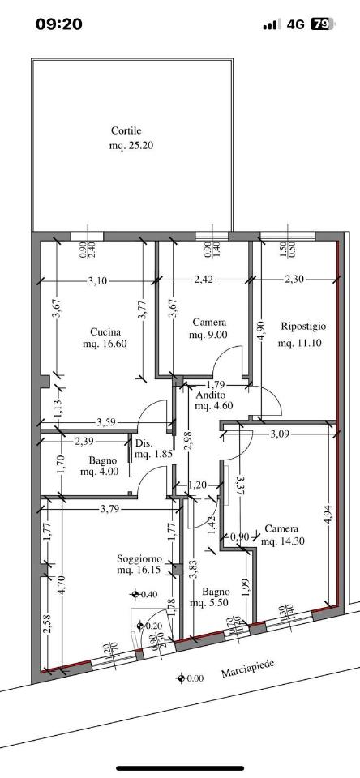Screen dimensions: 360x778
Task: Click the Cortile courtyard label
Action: point(126,131)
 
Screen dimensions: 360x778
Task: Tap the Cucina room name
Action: point(105,332)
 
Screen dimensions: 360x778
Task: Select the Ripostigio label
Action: point(303,327)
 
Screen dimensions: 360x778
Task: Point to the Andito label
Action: point(211,395)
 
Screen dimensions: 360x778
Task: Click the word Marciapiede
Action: point(248,668)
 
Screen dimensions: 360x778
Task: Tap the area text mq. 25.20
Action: point(131,147)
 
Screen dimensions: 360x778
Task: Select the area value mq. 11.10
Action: point(300,343)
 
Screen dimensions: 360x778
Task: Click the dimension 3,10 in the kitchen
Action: point(97,281)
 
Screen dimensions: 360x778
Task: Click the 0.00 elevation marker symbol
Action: point(182,678)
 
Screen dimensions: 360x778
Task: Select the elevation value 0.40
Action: point(149,594)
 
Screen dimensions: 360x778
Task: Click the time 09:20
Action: point(59,24)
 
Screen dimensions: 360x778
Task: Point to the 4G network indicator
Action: point(295,24)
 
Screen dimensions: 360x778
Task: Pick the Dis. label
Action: point(142,444)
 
